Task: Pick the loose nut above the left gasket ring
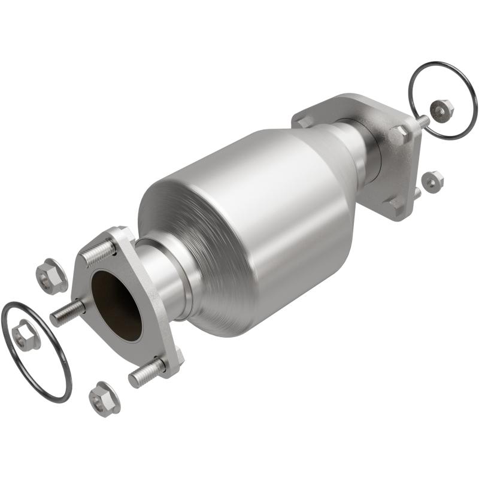51,277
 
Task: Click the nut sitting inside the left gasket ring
26,335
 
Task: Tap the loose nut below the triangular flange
105,398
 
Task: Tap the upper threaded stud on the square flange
422,122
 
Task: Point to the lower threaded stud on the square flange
416,193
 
